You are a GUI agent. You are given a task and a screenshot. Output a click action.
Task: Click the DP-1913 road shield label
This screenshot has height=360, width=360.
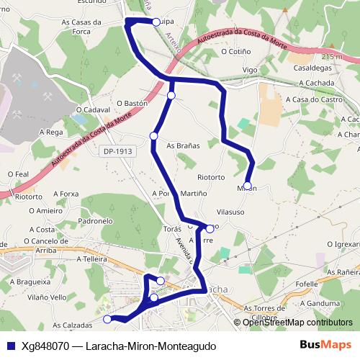coord(117,151)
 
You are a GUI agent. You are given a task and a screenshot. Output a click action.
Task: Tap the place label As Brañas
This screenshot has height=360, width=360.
coord(183,145)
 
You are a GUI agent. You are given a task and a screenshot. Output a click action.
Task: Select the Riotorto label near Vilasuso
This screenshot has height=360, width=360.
coord(211,176)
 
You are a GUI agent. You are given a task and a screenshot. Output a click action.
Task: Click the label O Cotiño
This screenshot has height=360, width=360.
coord(236,51)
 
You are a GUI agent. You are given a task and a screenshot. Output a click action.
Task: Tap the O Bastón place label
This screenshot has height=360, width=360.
coord(131,104)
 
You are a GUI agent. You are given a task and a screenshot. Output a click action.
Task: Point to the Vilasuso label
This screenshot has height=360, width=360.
coord(230,212)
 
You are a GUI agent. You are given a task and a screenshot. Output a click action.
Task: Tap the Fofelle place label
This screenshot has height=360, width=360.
coord(307,284)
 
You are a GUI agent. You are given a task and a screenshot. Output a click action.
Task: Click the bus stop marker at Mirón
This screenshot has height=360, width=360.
coord(248,186)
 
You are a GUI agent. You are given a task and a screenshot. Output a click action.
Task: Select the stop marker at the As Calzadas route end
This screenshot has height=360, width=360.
coord(108,319)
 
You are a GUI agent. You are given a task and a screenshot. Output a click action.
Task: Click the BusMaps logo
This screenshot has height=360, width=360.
coord(326,346)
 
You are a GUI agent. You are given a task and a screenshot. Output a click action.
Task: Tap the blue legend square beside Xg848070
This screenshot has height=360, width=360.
coord(9,346)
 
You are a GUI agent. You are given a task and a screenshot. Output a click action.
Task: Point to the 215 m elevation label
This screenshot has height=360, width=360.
coord(332,56)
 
